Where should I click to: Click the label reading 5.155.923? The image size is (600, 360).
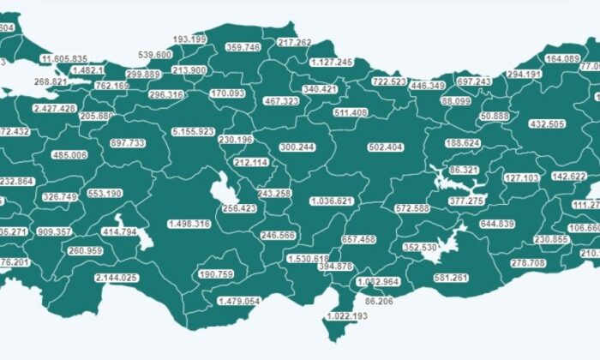pos(194,132)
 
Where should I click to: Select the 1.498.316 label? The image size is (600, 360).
pos(177,224)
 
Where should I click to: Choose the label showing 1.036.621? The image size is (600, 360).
pos(333,201)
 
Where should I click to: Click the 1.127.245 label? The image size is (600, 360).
pos(331,62)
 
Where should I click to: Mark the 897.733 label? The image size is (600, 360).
pos(129,143)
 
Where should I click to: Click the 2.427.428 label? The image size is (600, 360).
pos(56,109)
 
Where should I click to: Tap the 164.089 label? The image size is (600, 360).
pos(563,59)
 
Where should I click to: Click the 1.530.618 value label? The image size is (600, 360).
pos(309,259)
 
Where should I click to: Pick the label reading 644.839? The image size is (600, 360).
pos(497,224)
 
